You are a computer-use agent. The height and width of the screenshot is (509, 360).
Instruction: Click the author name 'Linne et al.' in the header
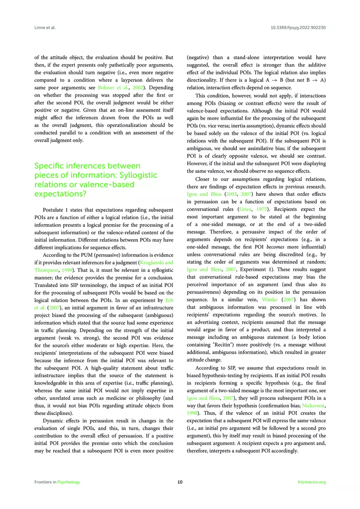44,28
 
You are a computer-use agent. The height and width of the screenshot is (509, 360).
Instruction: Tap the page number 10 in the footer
180,482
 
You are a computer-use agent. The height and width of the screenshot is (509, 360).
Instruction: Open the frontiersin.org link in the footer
312,482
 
